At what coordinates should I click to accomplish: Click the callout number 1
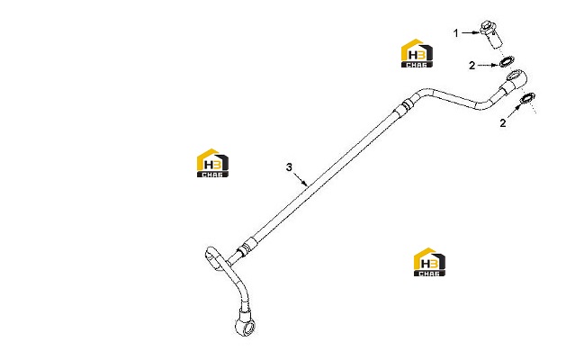click(x=456, y=33)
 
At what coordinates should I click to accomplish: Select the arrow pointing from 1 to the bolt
click(x=471, y=32)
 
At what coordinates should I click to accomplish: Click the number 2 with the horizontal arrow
click(x=472, y=66)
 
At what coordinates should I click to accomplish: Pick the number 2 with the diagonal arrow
click(x=503, y=122)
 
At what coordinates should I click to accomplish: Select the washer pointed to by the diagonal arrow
click(x=528, y=98)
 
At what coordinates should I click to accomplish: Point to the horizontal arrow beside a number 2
click(x=488, y=66)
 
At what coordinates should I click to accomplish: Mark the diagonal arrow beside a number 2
click(x=514, y=111)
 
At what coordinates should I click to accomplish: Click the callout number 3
click(x=289, y=167)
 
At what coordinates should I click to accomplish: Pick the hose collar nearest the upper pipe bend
click(x=404, y=106)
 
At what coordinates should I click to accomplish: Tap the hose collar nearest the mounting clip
click(x=246, y=247)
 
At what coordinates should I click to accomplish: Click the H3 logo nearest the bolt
click(x=417, y=53)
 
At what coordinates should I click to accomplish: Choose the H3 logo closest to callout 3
click(x=212, y=163)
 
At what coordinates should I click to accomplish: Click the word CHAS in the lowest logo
click(x=429, y=274)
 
